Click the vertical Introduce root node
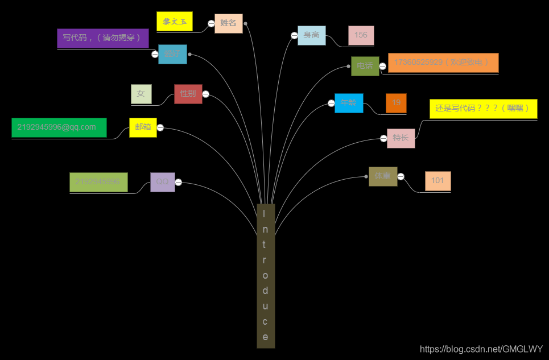click(266, 275)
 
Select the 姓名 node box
click(229, 23)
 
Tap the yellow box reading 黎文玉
click(175, 22)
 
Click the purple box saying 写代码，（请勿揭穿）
click(103, 38)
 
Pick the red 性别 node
click(188, 94)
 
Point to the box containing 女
click(141, 94)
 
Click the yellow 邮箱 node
click(143, 127)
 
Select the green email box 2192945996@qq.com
click(59, 127)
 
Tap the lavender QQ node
click(163, 182)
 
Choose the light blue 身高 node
click(312, 35)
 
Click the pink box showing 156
click(361, 35)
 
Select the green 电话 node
click(365, 66)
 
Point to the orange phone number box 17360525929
click(443, 63)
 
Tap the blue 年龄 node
click(349, 103)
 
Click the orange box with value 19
click(396, 103)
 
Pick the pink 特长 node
click(401, 138)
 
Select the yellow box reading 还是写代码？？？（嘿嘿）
click(483, 108)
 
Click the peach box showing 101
click(437, 181)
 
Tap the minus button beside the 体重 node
click(401, 176)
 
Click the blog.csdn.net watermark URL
click(481, 349)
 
